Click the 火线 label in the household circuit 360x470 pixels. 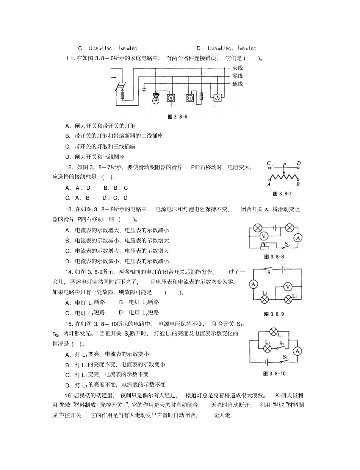pos(238,68)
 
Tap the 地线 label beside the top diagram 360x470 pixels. pos(238,84)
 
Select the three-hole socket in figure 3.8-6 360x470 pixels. pos(218,98)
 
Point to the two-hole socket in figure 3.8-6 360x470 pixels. pos(189,98)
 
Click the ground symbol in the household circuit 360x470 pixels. pos(144,90)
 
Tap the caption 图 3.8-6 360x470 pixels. pos(177,117)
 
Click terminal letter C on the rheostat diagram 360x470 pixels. pos(269,164)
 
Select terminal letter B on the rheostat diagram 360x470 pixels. pos(298,184)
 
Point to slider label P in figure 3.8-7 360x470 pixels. pos(284,165)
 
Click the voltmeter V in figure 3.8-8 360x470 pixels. pos(264,236)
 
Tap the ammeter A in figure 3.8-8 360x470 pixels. pos(298,238)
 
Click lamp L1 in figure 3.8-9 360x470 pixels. pos(265,299)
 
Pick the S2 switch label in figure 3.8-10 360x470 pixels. pos(281,344)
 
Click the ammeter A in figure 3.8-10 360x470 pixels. pos(298,351)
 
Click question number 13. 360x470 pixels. pos(69,209)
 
